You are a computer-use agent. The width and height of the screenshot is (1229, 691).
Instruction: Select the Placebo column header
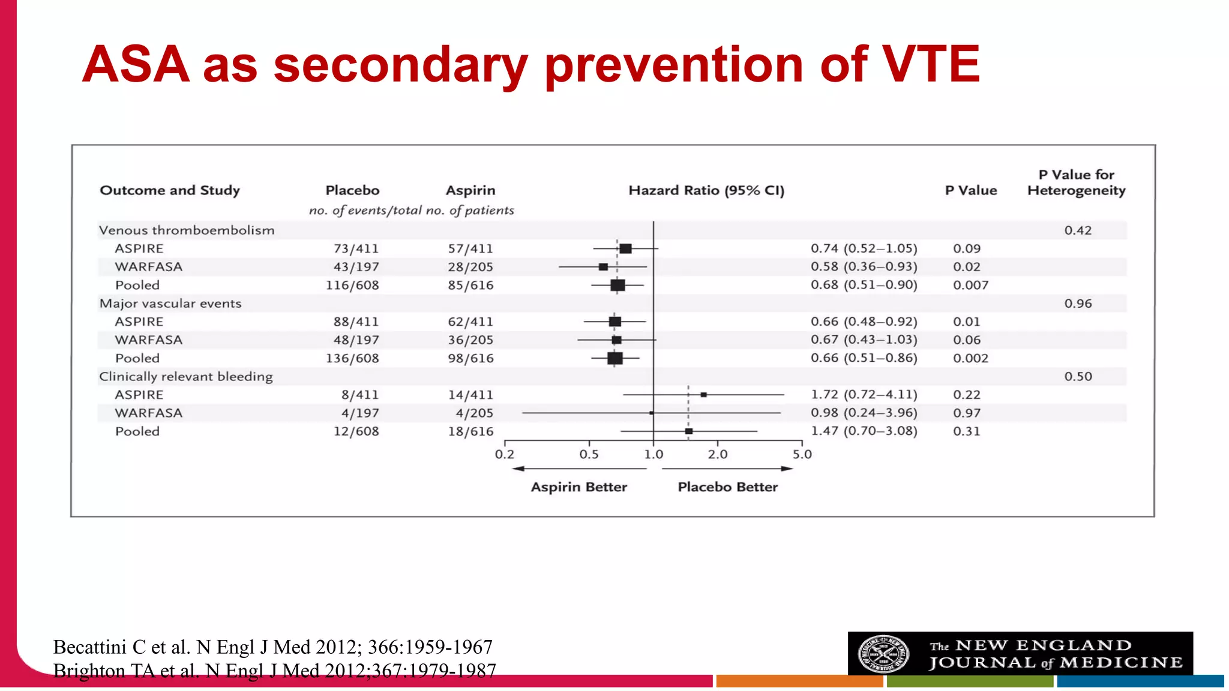pos(352,191)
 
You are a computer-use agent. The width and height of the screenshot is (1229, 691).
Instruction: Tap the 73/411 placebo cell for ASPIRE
pos(356,248)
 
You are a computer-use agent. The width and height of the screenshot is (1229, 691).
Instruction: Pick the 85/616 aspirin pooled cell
pos(470,286)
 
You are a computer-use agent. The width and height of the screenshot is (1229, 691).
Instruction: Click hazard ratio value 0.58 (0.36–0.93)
pos(864,266)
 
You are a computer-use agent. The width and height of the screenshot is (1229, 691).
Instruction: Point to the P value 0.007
pos(970,286)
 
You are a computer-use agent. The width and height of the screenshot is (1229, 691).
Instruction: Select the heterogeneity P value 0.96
pos(1078,304)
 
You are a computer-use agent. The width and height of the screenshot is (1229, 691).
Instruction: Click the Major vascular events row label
pos(170,304)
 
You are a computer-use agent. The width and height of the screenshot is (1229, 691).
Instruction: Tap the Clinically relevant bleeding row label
pos(185,377)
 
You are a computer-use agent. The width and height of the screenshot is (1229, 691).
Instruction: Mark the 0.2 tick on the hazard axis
pos(504,454)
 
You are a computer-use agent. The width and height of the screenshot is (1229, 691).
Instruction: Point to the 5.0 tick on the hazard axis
pos(802,454)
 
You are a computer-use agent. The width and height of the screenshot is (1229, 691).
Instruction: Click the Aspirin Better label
pos(578,487)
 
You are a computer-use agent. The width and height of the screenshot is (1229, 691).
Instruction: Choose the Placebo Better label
pos(727,487)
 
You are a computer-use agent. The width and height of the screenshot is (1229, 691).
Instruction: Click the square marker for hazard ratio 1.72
pos(704,395)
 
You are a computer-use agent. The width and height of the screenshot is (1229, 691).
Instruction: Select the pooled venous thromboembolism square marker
pos(618,286)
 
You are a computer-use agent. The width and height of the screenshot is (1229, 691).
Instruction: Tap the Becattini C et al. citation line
pos(272,647)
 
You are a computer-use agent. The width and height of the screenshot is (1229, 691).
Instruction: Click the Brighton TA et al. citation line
pos(274,671)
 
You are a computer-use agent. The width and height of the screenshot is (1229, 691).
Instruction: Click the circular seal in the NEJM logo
pos(883,654)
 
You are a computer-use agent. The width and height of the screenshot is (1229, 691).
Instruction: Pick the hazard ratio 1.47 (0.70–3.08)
pos(864,431)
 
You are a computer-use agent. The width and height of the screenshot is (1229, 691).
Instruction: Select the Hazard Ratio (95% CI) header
pos(706,191)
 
